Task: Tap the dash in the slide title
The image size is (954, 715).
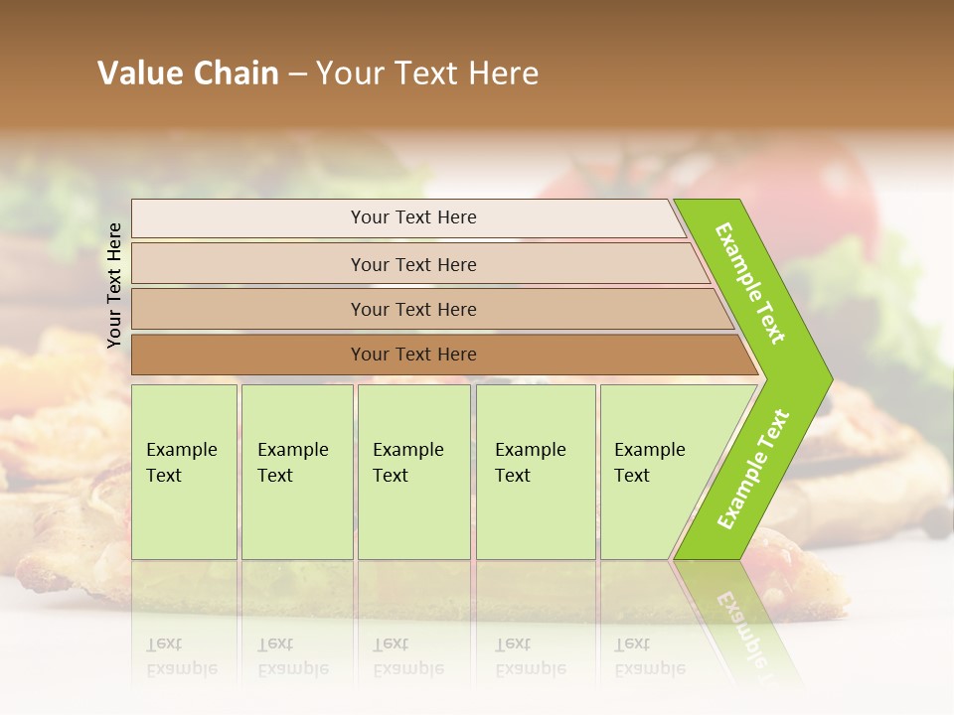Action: tap(297, 73)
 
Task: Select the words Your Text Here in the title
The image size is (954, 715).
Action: tap(427, 72)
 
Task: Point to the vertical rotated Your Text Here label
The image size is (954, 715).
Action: tap(114, 285)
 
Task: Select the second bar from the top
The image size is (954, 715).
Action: tap(413, 264)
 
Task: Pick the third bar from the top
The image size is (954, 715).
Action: tap(413, 309)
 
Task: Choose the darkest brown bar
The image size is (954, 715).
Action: tap(413, 355)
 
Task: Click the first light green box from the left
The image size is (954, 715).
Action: tap(184, 472)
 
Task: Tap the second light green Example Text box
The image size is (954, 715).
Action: tap(297, 472)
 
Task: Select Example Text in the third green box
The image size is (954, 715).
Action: tap(407, 463)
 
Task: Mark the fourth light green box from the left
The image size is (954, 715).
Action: tap(536, 472)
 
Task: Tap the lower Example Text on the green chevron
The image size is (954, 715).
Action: tap(753, 470)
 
